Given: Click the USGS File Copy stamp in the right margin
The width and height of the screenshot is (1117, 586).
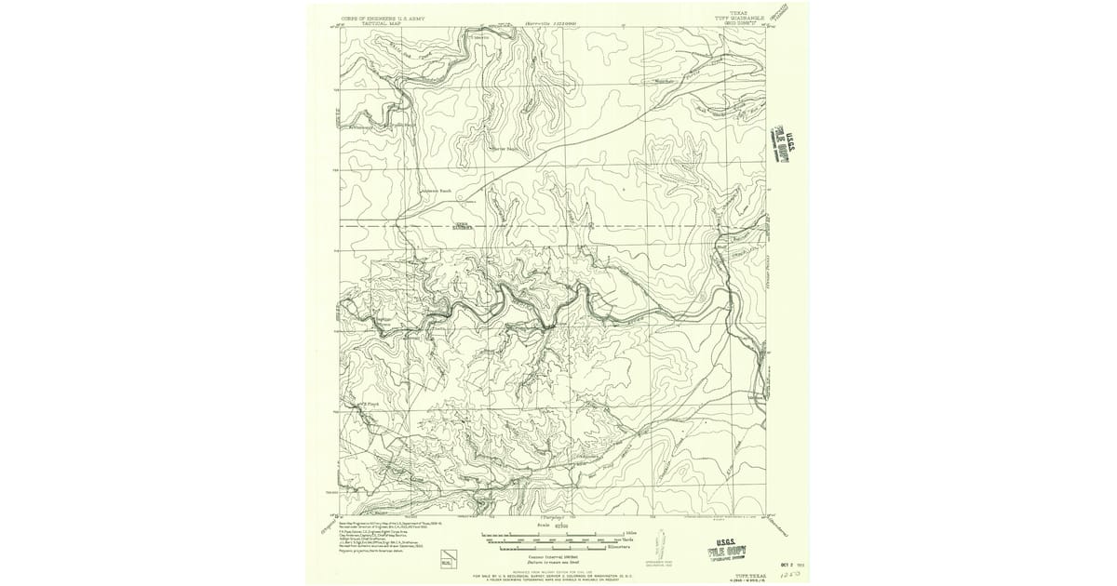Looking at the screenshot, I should (x=780, y=145).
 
